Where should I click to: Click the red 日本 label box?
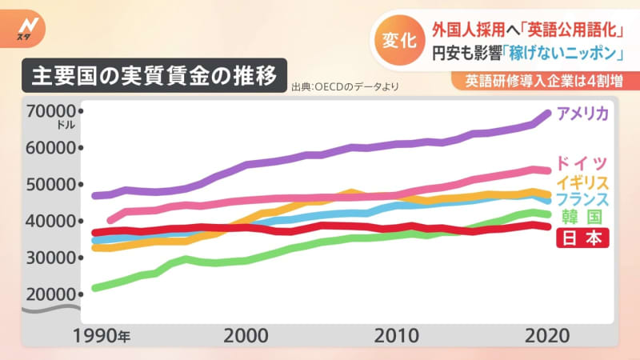(582, 238)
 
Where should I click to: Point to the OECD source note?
(344, 87)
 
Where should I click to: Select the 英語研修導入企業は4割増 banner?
(544, 82)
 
